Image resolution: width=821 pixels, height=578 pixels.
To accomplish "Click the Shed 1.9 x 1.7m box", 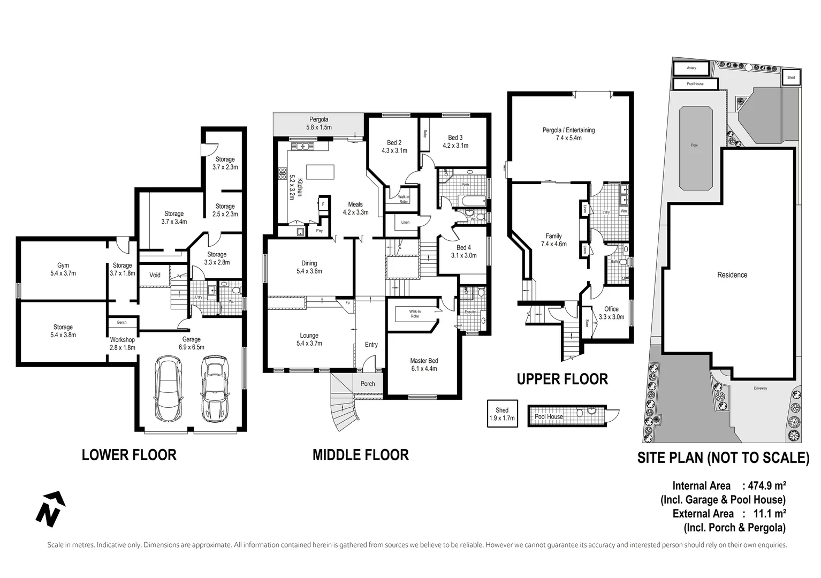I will (x=502, y=414).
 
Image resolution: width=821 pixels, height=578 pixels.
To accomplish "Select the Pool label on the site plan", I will (x=694, y=145).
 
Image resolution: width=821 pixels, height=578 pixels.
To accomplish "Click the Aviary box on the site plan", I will (x=691, y=69).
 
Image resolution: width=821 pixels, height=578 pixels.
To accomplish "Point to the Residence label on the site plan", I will (x=732, y=275).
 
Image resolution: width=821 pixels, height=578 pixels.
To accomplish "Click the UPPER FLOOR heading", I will (x=562, y=379).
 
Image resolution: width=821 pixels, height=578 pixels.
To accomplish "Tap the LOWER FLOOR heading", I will (x=129, y=455).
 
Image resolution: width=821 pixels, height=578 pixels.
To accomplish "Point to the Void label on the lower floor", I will (x=155, y=275).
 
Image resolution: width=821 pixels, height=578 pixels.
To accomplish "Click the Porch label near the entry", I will (x=368, y=384).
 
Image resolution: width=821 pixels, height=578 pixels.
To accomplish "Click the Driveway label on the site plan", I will (x=760, y=389).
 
